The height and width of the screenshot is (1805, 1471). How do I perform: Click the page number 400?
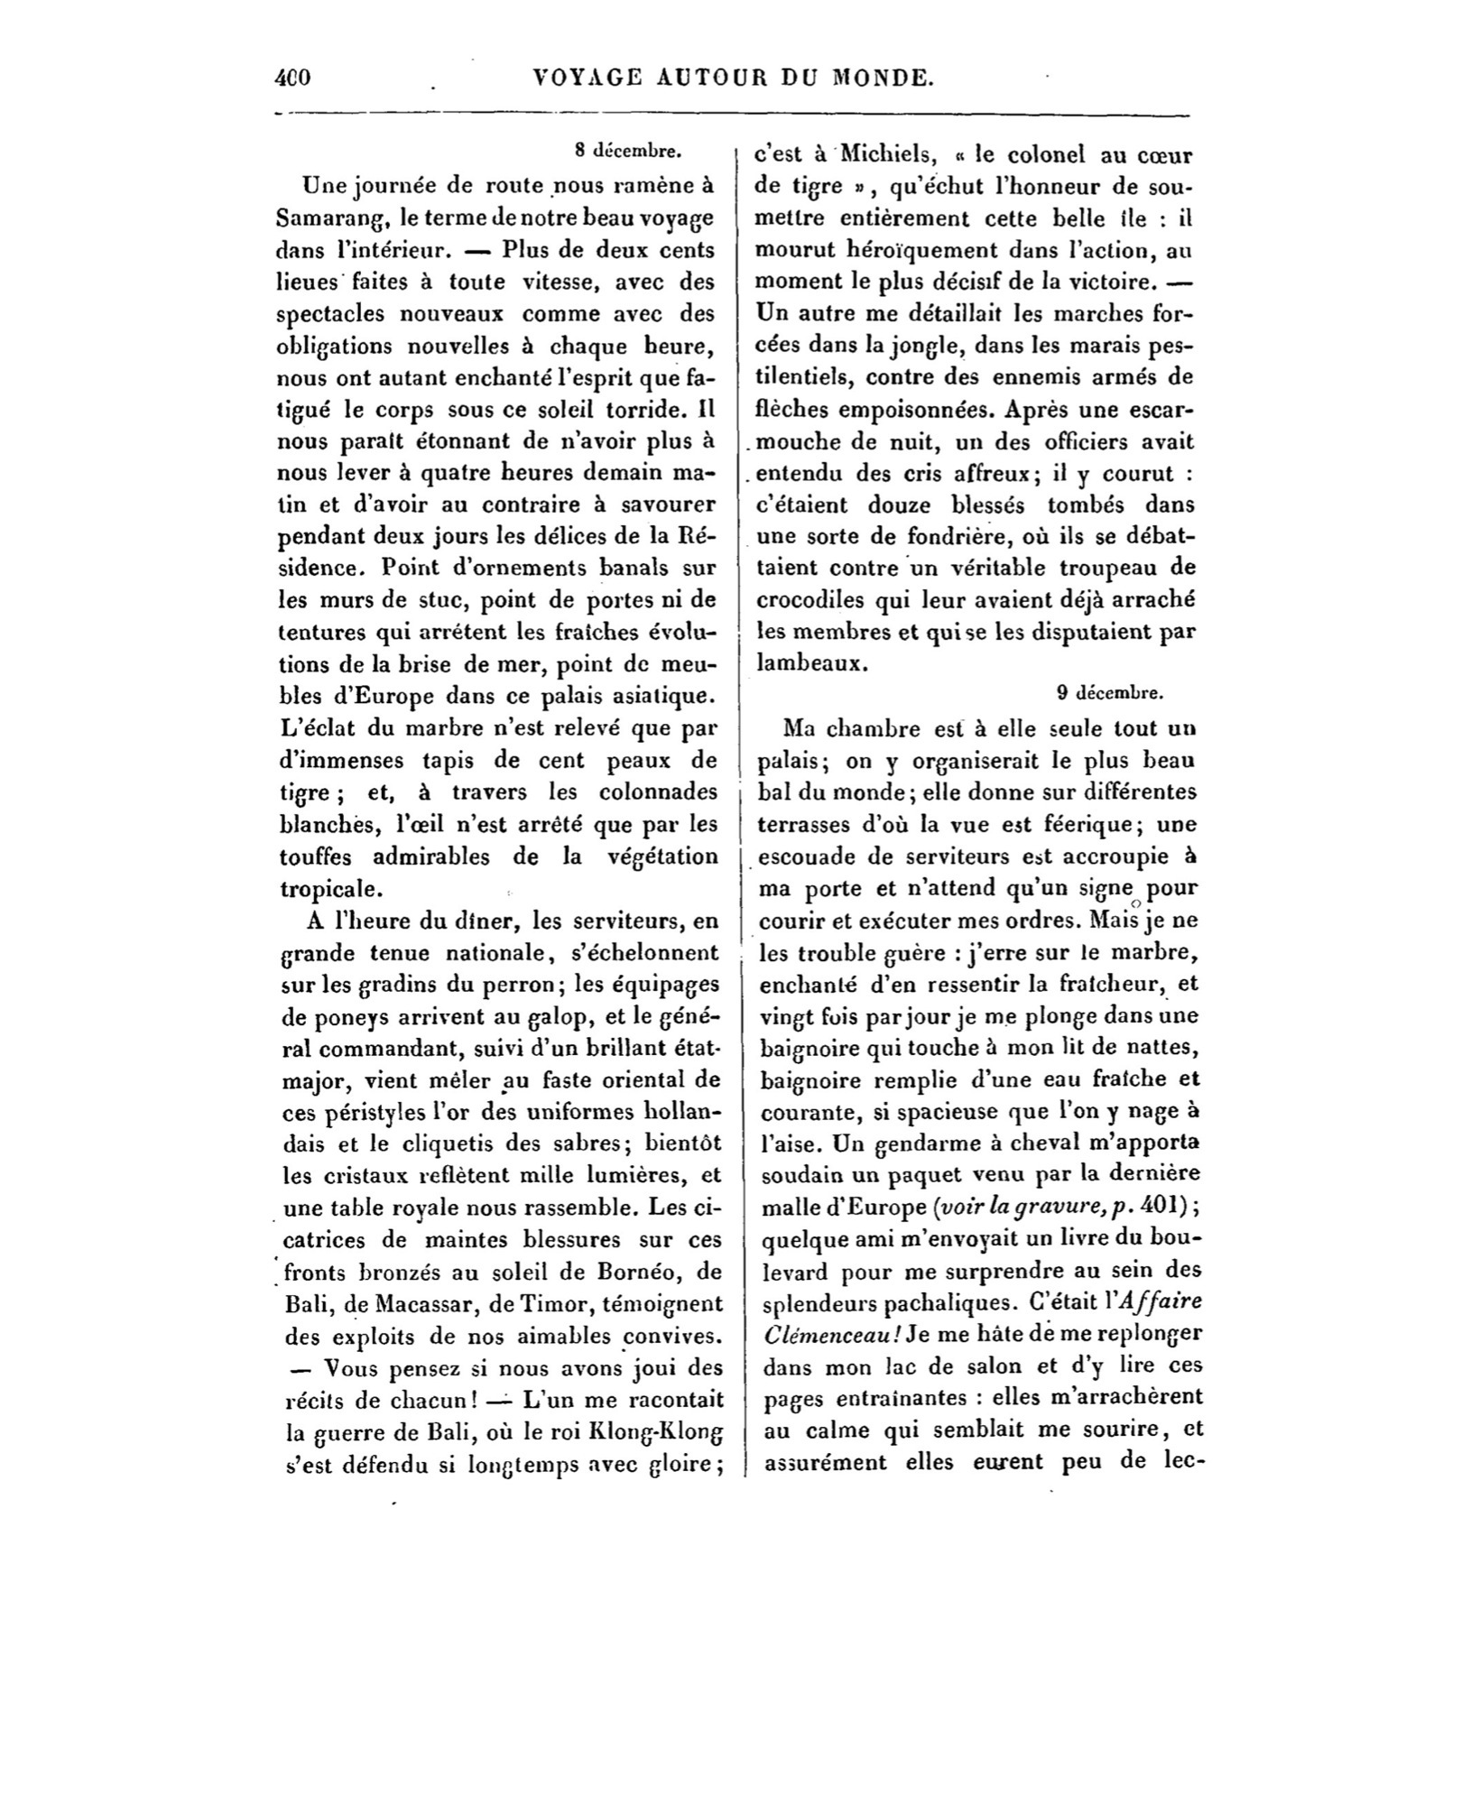[292, 78]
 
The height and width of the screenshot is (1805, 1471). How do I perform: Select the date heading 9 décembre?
[1110, 693]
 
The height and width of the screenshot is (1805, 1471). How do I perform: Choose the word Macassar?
[413, 1303]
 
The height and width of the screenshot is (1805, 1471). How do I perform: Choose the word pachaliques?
[958, 1302]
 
